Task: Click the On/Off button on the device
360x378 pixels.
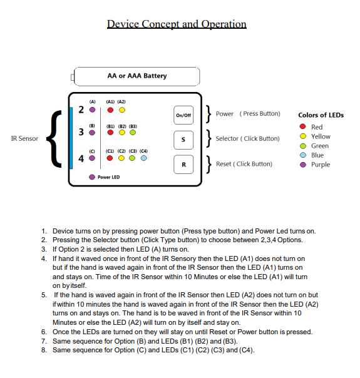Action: (x=183, y=115)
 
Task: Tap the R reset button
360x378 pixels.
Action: (x=183, y=164)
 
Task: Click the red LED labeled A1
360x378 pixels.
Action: (x=110, y=110)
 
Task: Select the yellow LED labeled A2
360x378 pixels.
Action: (x=122, y=110)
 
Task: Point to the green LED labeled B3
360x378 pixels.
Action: (x=133, y=133)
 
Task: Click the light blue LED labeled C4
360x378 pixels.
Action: (x=143, y=158)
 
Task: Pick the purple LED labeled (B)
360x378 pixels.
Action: (x=92, y=133)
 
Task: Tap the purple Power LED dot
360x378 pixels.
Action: (x=92, y=177)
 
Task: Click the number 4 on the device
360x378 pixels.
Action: (x=81, y=158)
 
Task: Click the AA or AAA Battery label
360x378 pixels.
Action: (x=137, y=76)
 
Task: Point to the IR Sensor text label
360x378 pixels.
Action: (x=24, y=138)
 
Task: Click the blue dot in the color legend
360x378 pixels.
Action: (x=303, y=155)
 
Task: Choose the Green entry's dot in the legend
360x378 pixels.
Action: (x=303, y=146)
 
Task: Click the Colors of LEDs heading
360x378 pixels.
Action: (x=321, y=115)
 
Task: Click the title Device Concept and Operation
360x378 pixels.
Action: (x=177, y=24)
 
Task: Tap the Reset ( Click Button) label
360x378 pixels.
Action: (x=244, y=164)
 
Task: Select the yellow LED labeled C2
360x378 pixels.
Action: (x=122, y=158)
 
